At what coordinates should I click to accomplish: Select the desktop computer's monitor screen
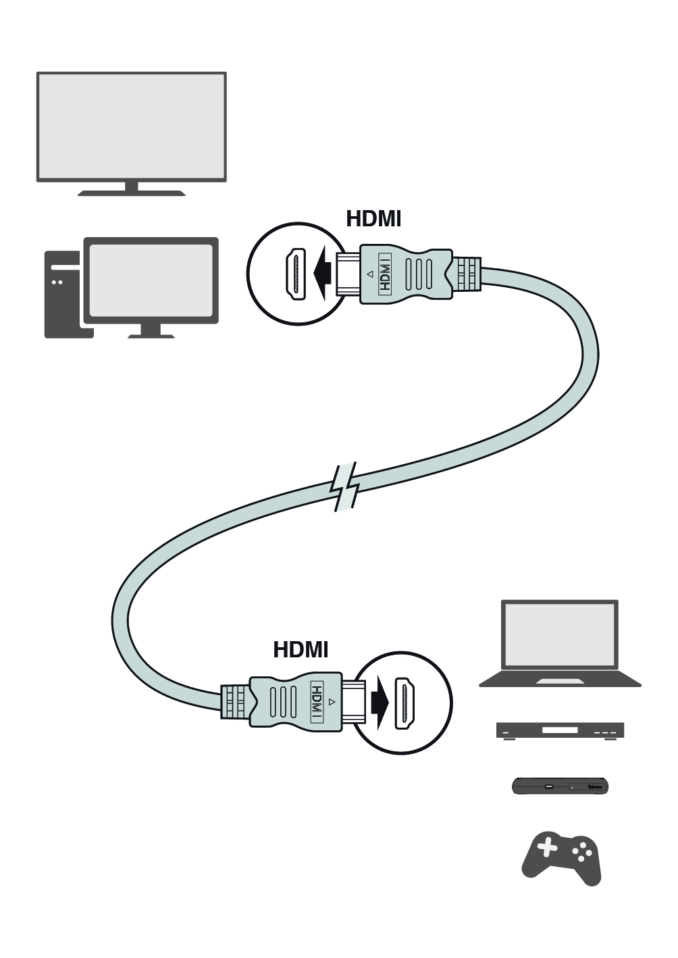151,280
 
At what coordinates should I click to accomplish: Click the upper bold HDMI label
373,219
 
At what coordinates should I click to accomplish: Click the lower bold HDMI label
301,650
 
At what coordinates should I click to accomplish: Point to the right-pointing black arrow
380,703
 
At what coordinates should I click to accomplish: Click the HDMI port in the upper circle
295,274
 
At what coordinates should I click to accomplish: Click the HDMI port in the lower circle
405,703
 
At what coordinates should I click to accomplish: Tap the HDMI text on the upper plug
385,274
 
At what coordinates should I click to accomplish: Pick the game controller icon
561,858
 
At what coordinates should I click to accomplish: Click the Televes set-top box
560,786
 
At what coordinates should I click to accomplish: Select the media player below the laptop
560,730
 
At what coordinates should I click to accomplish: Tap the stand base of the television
131,193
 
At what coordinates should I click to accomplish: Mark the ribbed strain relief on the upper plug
467,274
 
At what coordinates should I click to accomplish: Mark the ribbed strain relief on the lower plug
234,703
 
